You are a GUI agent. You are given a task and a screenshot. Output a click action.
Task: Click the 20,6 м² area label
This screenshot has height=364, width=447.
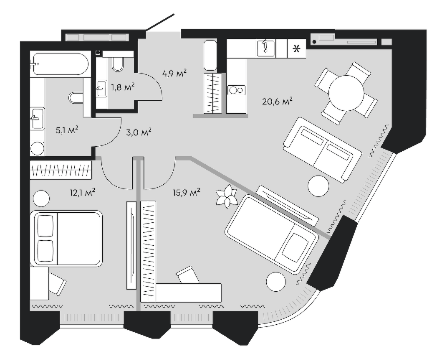[x=276, y=101]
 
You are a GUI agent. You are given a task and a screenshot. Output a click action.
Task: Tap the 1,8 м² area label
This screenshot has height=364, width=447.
[x=122, y=87]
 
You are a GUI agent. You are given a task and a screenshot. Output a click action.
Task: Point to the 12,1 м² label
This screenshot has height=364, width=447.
[x=83, y=192]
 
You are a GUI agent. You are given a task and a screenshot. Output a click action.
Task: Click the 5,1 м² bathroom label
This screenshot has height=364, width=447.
[x=67, y=130]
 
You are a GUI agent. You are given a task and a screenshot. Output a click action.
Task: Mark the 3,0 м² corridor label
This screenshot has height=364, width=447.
[x=138, y=132]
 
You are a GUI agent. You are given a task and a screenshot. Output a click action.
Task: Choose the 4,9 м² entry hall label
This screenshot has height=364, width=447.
[x=174, y=74]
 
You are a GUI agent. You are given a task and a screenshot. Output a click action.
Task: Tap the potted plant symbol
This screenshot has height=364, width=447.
[x=226, y=196]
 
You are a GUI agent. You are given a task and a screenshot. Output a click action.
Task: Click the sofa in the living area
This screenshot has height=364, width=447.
[x=322, y=149]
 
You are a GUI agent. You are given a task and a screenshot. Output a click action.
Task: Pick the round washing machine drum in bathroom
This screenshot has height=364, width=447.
[x=38, y=148]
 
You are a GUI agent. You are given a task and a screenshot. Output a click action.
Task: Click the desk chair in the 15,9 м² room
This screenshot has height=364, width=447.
[x=186, y=276]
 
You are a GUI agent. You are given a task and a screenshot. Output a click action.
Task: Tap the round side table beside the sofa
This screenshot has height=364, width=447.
[x=318, y=185]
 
